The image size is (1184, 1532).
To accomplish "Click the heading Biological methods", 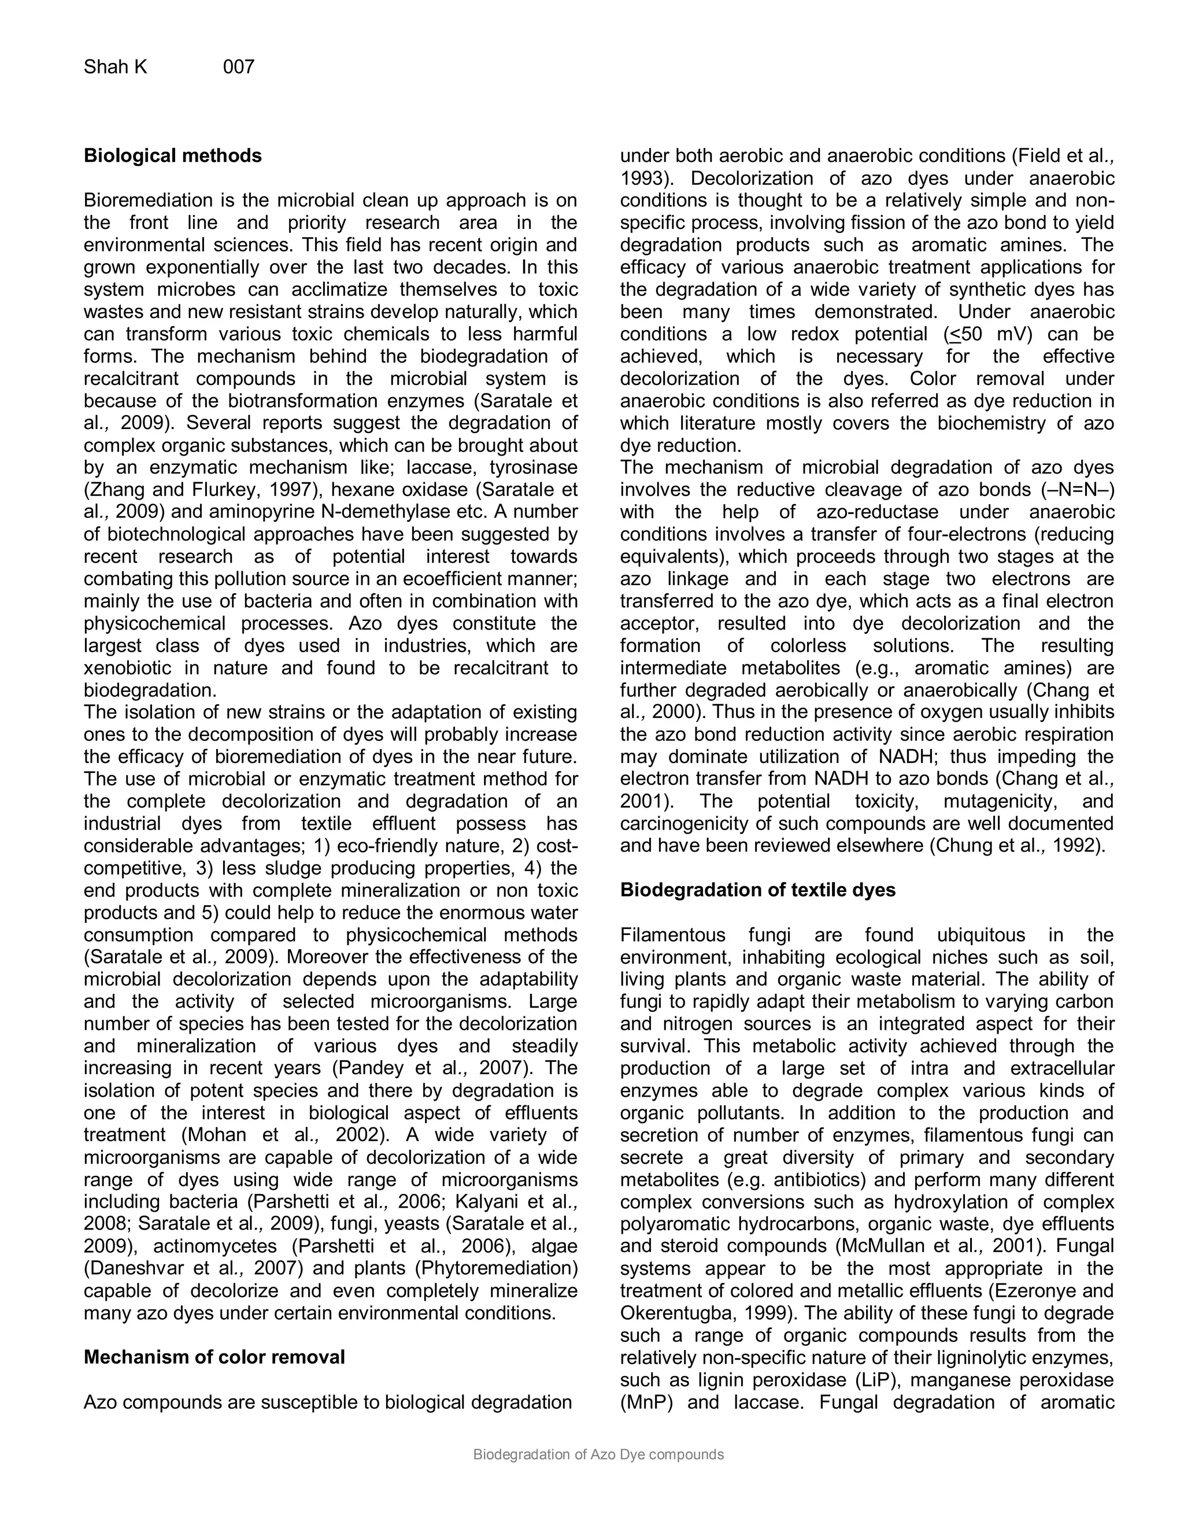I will tap(172, 156).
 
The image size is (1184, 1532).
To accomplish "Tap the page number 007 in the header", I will tap(239, 67).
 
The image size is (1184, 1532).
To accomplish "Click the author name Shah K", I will tap(116, 67).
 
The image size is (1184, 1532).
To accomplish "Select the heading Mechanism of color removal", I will tap(214, 1357).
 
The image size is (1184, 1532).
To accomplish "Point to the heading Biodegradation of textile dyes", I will tap(757, 890).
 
